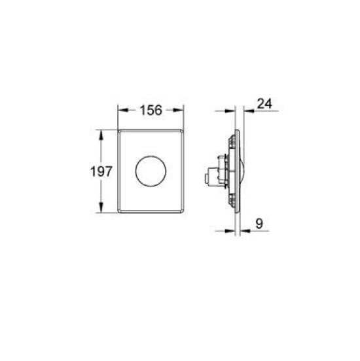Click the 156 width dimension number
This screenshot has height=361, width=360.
(151, 111)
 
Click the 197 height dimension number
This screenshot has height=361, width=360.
(101, 171)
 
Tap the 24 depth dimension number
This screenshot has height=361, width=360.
(264, 103)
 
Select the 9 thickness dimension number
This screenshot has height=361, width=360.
(259, 223)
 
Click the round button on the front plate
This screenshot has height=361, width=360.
(151, 171)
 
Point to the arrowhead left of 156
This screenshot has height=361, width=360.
(123, 111)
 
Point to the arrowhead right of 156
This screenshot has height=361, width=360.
(179, 111)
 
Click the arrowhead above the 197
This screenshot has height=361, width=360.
(101, 135)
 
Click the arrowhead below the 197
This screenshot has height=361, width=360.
(101, 207)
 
